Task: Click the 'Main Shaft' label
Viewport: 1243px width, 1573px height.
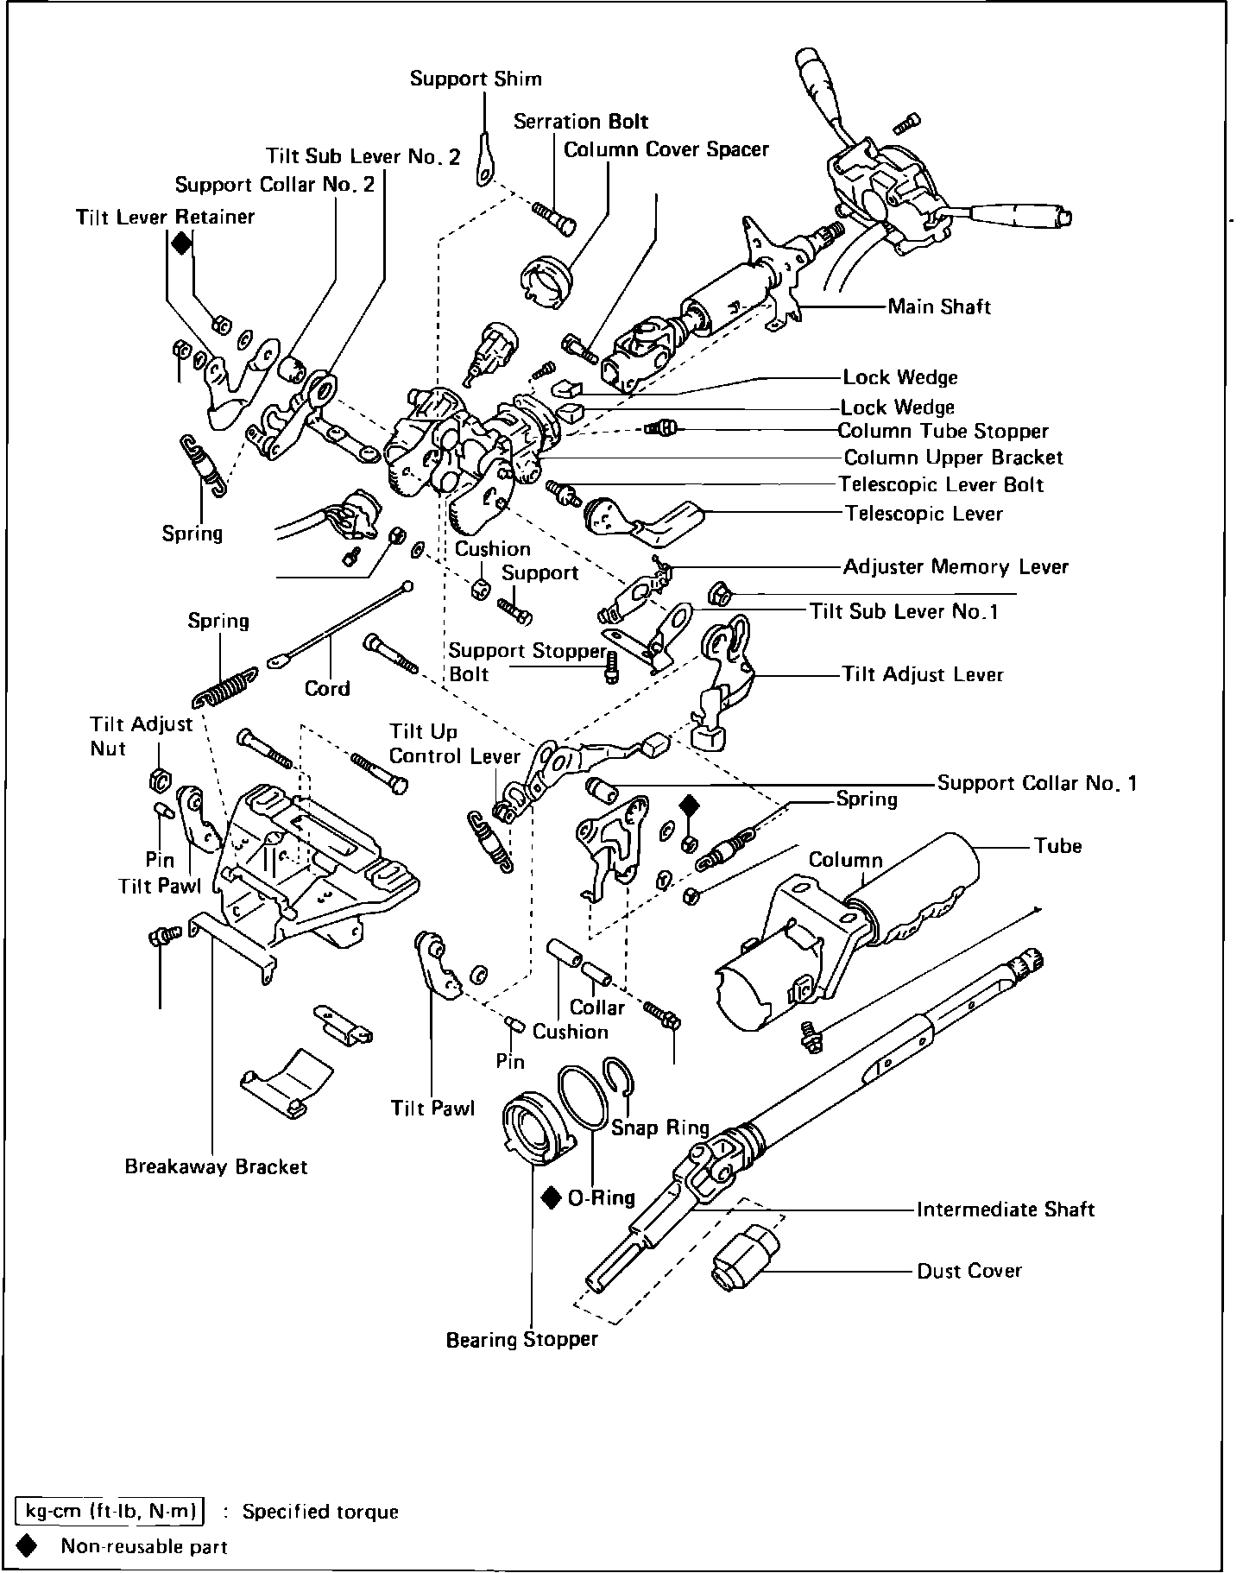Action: (x=939, y=306)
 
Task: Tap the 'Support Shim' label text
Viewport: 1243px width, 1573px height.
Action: (x=476, y=79)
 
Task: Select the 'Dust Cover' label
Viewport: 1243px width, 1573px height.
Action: (x=969, y=1271)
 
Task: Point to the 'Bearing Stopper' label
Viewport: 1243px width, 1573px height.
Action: (x=521, y=1340)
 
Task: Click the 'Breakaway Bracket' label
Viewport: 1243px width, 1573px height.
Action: (x=216, y=1167)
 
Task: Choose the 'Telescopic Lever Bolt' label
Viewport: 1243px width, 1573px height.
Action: (x=942, y=485)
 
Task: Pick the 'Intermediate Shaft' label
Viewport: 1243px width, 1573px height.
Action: (x=1005, y=1210)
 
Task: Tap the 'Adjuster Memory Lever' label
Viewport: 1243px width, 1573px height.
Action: (x=956, y=567)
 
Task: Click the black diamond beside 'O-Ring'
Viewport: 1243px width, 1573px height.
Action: (x=552, y=1197)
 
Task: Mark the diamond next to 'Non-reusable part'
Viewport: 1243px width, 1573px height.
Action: (x=28, y=1545)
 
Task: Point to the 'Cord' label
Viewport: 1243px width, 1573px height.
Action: (x=327, y=689)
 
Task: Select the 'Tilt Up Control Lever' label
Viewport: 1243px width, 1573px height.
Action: (x=453, y=744)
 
